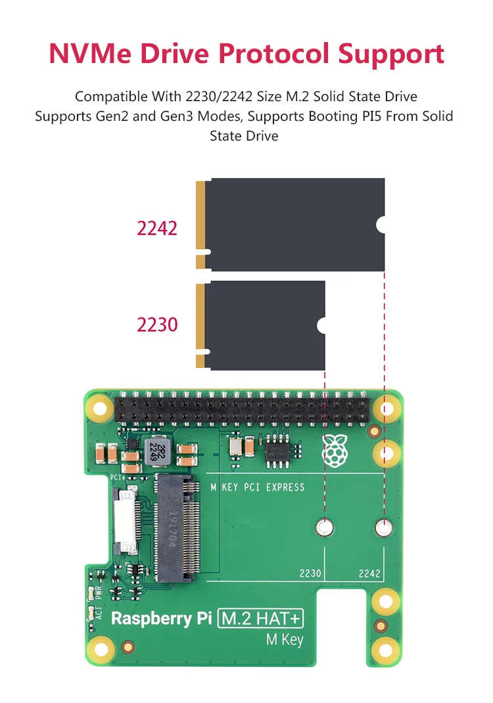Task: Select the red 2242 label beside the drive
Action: (157, 228)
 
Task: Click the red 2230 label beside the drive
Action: (157, 325)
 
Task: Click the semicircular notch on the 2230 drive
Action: (321, 325)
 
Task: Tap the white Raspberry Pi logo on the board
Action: (335, 451)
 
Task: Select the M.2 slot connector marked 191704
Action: (177, 527)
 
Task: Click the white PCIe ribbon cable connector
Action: (124, 520)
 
